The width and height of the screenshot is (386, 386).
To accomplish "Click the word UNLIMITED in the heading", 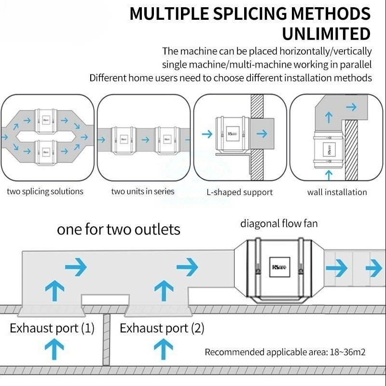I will point(326,34).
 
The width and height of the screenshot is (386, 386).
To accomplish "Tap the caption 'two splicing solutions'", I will point(45,192).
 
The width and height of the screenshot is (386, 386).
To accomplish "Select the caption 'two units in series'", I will point(143,192).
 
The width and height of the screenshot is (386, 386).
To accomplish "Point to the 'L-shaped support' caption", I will point(239,192).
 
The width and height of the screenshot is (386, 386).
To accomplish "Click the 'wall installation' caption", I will point(337,192).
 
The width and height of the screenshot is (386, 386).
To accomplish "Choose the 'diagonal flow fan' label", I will point(279,223).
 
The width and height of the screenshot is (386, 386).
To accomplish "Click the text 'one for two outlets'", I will point(119,229).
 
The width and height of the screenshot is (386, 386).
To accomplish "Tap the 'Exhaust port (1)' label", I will point(52,329).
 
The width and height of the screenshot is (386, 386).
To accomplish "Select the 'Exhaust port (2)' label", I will point(162,329).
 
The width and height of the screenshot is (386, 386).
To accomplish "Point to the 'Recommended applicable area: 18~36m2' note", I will point(285,352).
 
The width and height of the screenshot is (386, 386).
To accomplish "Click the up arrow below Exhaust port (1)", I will point(55,349).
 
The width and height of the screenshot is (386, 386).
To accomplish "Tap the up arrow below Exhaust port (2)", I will point(163,349).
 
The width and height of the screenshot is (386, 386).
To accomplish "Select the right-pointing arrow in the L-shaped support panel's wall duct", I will point(262,134).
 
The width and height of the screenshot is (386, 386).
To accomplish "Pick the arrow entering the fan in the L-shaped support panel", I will point(207,134).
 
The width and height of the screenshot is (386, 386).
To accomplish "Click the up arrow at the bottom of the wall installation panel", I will point(329,174).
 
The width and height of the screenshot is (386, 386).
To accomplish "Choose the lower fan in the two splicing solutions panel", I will point(46,151).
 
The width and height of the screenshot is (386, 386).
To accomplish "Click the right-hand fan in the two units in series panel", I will point(166,140).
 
